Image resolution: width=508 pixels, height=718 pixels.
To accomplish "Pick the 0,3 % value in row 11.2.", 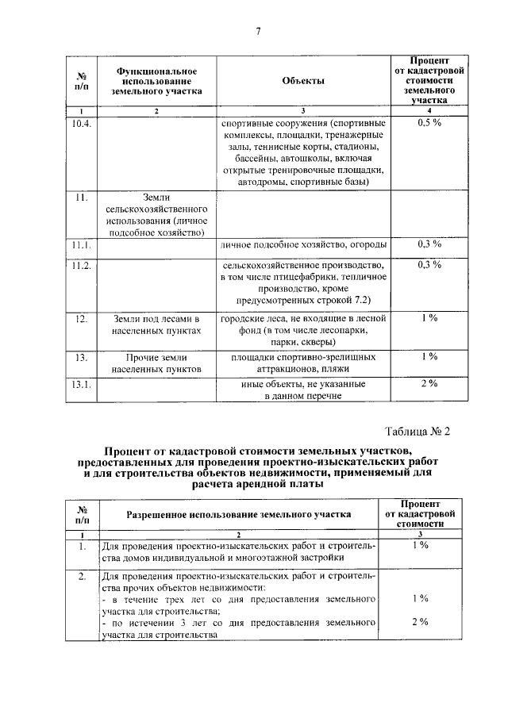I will click(429, 264).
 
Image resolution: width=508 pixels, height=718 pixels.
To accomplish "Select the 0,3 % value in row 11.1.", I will click(429, 244).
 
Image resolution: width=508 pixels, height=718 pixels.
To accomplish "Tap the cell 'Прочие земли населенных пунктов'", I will click(157, 363).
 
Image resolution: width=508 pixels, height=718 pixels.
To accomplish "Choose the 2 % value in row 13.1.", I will click(429, 384).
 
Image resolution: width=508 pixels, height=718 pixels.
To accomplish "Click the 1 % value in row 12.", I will click(429, 317).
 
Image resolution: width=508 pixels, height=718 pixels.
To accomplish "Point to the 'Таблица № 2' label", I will click(417, 432).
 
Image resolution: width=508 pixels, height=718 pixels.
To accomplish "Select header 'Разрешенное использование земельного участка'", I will click(238, 514).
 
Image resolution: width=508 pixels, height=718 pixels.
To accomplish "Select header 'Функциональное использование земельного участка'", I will click(157, 82).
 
